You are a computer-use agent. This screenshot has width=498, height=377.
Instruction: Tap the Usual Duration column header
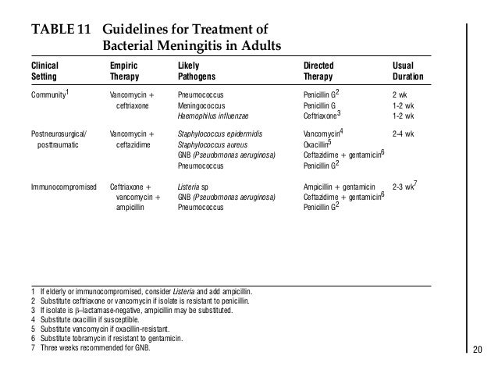(407, 73)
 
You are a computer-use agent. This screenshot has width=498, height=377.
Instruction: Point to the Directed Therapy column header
(322, 73)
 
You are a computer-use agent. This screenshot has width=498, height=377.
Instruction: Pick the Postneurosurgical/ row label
(59, 133)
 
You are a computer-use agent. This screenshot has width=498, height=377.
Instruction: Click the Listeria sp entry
(194, 187)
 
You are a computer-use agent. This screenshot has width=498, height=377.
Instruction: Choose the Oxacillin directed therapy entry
(318, 144)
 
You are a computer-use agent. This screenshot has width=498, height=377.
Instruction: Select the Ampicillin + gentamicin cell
(339, 187)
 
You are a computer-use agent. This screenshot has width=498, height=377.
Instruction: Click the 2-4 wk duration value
(403, 133)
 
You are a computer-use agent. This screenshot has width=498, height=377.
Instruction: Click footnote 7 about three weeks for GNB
(92, 347)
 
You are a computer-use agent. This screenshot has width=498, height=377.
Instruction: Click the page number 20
(478, 349)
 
